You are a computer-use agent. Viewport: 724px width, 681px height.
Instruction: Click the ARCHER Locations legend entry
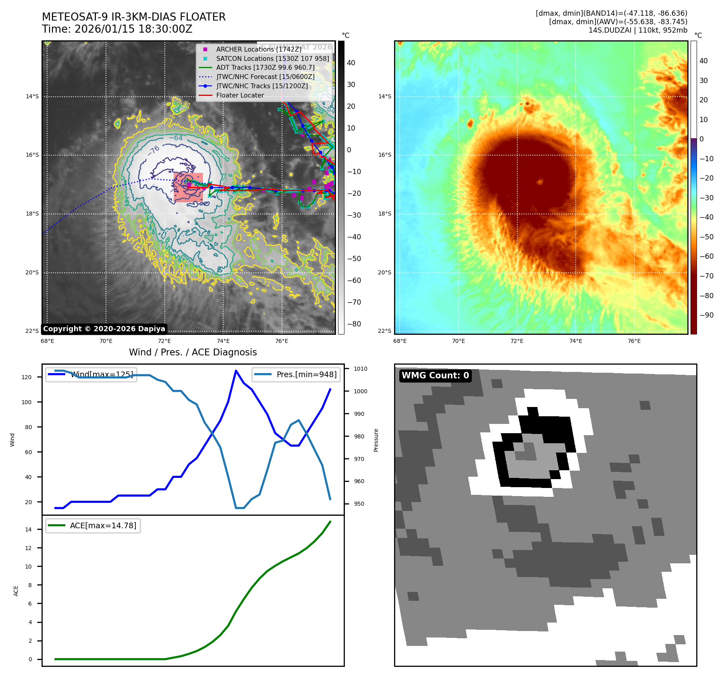click(x=258, y=49)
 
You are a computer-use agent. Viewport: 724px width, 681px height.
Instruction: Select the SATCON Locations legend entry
click(x=272, y=58)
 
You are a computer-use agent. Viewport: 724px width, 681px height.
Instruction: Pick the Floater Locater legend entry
click(x=240, y=96)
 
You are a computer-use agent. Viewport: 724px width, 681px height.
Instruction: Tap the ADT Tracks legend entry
click(x=265, y=68)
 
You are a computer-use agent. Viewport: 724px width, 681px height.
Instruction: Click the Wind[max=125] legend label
click(x=102, y=374)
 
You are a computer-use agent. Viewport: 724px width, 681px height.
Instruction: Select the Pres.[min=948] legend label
click(x=306, y=374)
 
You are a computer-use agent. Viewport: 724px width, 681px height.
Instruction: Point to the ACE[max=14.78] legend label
click(x=103, y=525)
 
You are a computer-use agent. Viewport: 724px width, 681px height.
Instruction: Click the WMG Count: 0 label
click(x=435, y=376)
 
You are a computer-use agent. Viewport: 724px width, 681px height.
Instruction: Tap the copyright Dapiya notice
click(x=104, y=329)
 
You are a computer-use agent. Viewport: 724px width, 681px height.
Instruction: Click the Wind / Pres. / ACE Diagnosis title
click(x=193, y=352)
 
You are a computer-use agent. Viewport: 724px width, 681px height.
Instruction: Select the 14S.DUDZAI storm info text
click(x=638, y=30)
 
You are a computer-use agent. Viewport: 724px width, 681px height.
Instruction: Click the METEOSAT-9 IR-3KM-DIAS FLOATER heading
click(x=134, y=17)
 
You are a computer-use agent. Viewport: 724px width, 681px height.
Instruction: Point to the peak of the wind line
click(x=236, y=371)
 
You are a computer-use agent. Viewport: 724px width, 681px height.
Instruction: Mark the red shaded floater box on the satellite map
click(x=188, y=187)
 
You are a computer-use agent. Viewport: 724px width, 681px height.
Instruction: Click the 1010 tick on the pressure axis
click(x=360, y=369)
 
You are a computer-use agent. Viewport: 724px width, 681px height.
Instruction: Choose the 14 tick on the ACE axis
click(x=28, y=529)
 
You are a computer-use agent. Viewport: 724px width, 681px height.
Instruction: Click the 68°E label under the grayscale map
click(x=48, y=341)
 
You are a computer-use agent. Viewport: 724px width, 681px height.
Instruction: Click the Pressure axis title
click(x=376, y=440)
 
